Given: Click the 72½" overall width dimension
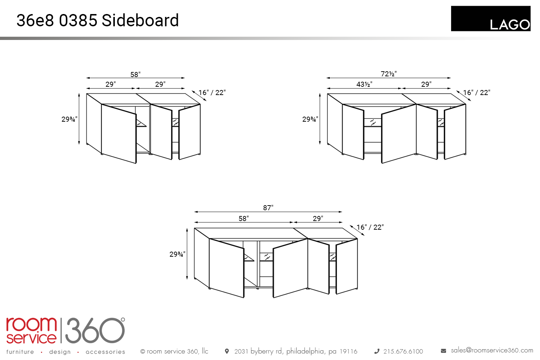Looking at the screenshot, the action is click(x=388, y=74).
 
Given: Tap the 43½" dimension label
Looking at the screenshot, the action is click(x=364, y=84).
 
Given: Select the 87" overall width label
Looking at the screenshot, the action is click(x=268, y=208).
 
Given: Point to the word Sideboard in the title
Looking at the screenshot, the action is click(x=140, y=20).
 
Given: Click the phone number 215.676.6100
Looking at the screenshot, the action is click(x=403, y=351).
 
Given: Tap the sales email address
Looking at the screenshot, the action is click(x=492, y=350).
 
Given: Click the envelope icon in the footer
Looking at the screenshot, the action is click(x=443, y=351).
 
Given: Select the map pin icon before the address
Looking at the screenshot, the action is click(x=226, y=351).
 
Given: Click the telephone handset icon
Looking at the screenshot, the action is click(x=377, y=351).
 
